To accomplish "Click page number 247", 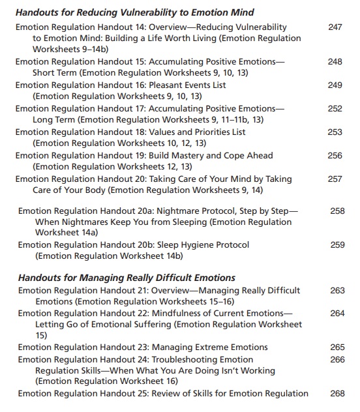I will pos(335,28).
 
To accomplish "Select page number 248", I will pos(335,62).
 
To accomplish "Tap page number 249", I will pos(335,85).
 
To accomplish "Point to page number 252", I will pos(335,109).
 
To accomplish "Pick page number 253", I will pos(335,132).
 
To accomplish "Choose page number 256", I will pos(335,156).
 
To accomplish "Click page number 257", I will pos(335,179).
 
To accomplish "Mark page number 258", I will pos(337,211).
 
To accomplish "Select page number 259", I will pos(337,245).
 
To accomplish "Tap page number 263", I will pos(337,291).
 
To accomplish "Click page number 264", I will pos(337,314).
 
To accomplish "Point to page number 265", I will pos(337,347).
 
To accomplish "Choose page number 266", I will pos(337,359).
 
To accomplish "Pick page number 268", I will pos(337,393).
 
